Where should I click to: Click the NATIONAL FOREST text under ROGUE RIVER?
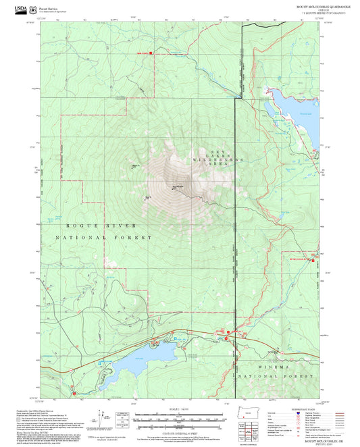(101, 238)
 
